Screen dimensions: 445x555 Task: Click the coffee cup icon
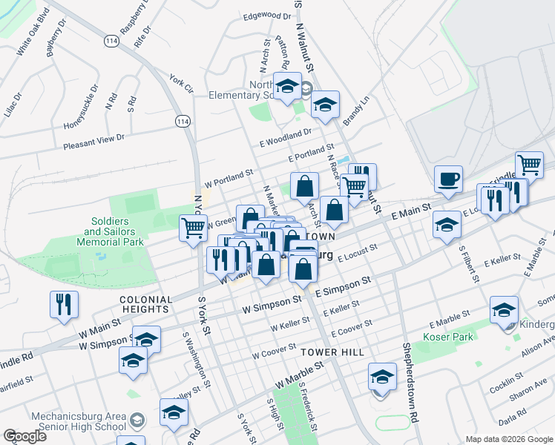pos(448,179)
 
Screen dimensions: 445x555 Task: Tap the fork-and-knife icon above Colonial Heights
pos(63,303)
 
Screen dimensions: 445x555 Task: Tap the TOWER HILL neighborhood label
pos(332,352)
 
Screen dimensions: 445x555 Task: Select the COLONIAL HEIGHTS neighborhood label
pos(136,304)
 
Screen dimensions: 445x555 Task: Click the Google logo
pos(24,436)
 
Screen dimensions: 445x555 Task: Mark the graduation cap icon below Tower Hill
pos(382,378)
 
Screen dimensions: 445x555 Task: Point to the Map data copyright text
pos(508,439)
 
